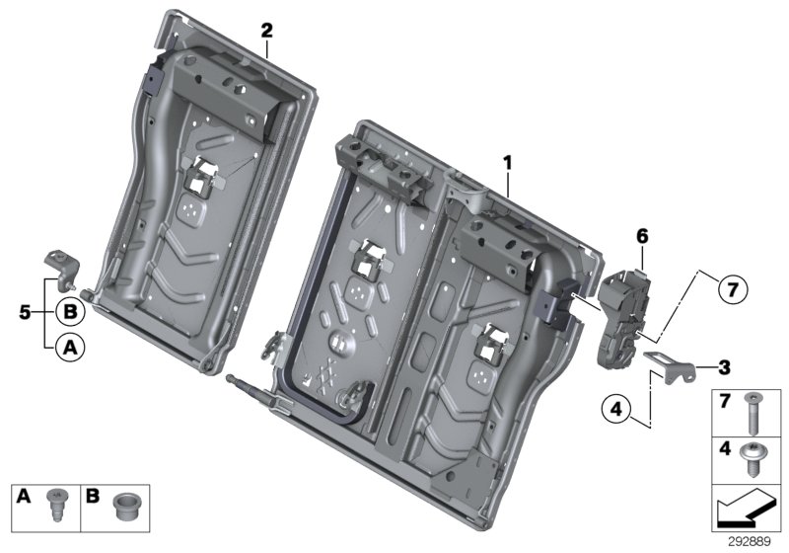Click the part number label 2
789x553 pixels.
tap(266, 29)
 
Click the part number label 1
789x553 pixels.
tap(507, 161)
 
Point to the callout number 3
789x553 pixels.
tap(724, 368)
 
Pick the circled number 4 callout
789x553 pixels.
tap(614, 407)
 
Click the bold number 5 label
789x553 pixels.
tap(26, 313)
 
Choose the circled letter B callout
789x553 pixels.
tap(69, 312)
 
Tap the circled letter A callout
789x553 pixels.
tap(69, 346)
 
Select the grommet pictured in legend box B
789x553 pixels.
tap(124, 503)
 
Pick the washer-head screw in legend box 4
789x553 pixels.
tap(753, 457)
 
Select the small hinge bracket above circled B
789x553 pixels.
tap(60, 267)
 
